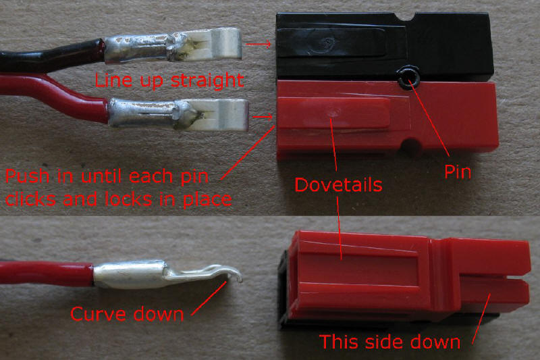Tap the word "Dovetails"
coord(339,184)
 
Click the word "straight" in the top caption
coord(207,80)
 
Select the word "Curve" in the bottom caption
coord(98,314)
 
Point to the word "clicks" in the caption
coord(30,199)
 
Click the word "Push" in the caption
coord(28,176)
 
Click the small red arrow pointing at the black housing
coord(259,44)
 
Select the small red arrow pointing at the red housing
coord(263,117)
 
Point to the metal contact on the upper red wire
coord(178,115)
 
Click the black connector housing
coord(384,47)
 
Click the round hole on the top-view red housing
coord(410,145)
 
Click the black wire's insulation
coord(52,56)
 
